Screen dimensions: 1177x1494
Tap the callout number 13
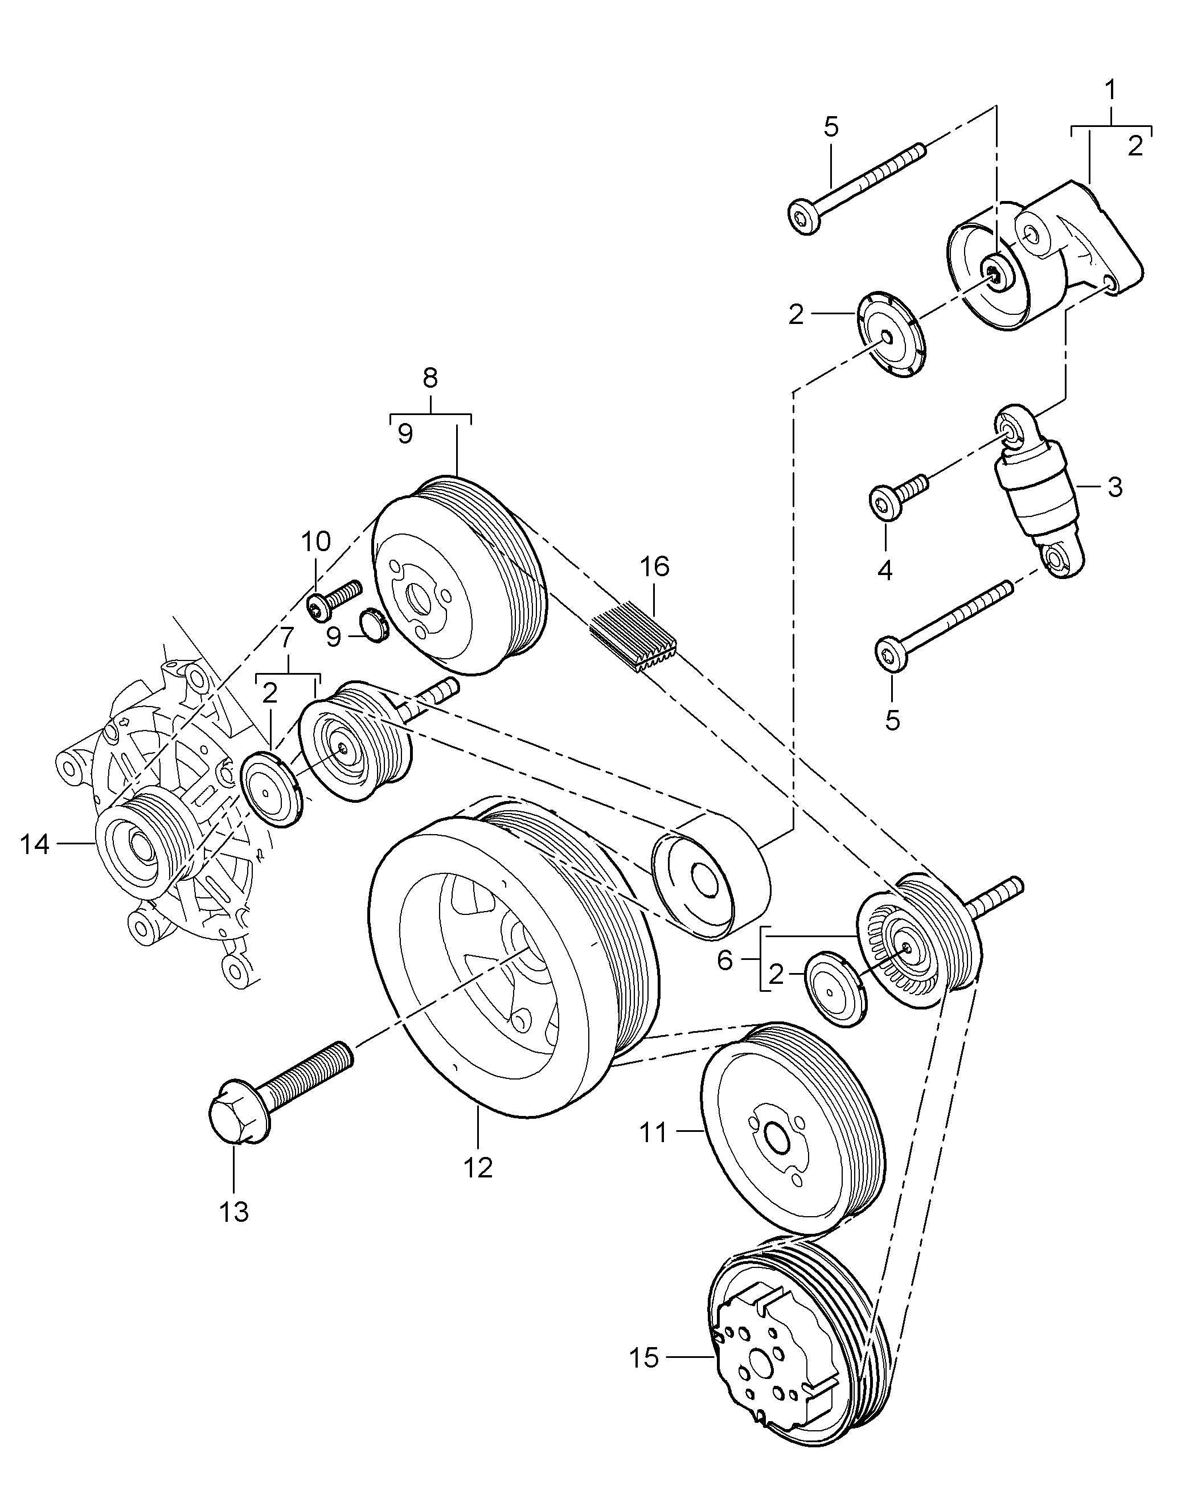tap(233, 1212)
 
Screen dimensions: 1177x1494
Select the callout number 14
tap(35, 844)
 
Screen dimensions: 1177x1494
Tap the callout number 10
tap(315, 541)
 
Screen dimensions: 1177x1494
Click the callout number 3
tap(1115, 487)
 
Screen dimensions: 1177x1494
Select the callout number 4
tap(885, 570)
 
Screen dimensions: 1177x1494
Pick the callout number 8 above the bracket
tap(430, 377)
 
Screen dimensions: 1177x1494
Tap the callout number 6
tap(724, 960)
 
